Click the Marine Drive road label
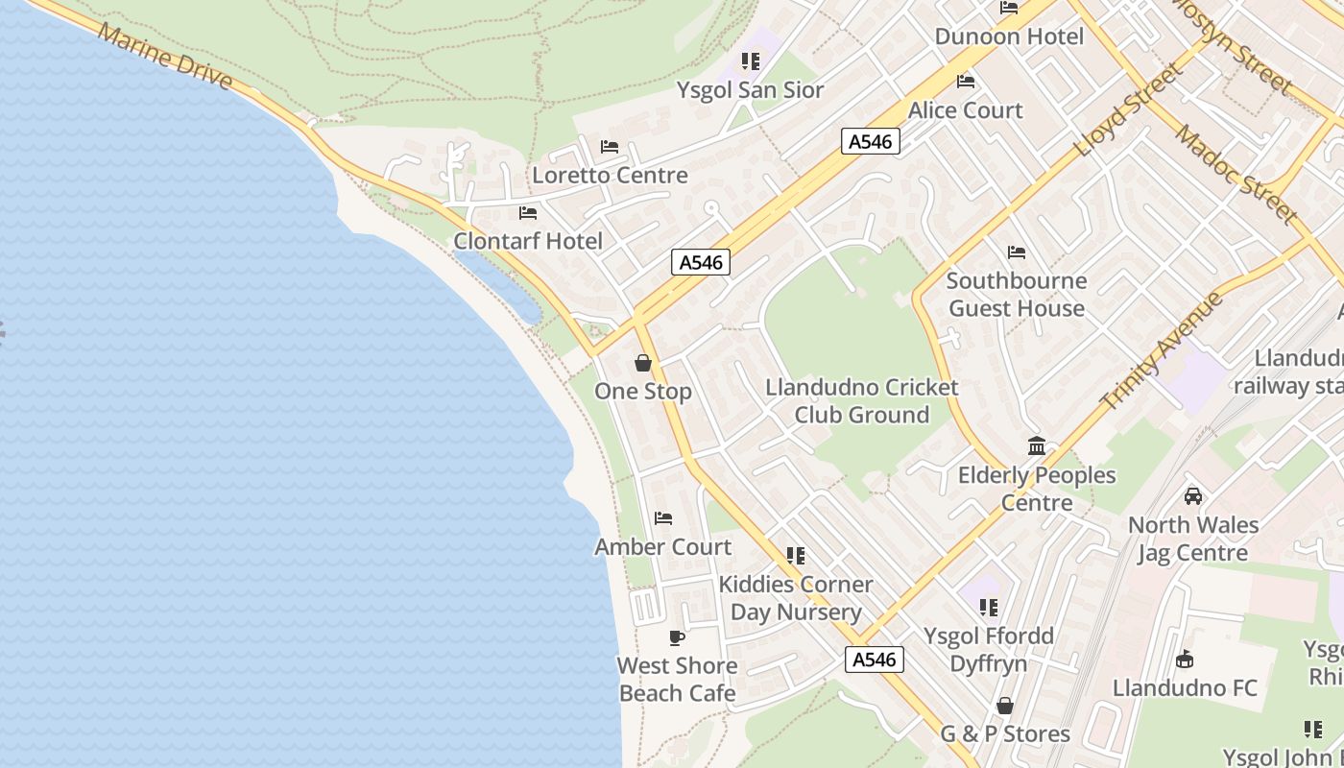(165, 58)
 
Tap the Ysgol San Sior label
(750, 90)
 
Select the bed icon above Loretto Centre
(610, 147)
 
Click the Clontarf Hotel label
(528, 241)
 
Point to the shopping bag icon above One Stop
(643, 363)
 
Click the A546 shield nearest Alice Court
(871, 142)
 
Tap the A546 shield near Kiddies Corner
(874, 660)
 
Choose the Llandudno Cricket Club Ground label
(861, 401)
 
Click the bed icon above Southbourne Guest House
(1017, 252)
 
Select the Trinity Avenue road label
(1162, 350)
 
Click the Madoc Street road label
(1236, 174)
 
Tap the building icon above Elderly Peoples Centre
(1037, 446)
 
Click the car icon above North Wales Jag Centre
(1193, 496)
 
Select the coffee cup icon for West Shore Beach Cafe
(677, 637)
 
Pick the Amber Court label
(662, 547)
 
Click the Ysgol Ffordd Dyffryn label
(989, 650)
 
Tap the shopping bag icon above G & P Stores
(1005, 707)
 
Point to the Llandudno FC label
(1185, 688)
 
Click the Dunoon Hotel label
(1009, 36)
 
